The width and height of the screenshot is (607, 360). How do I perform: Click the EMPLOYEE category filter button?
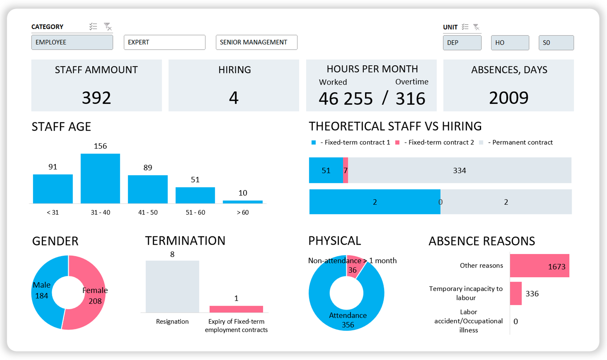[72, 42]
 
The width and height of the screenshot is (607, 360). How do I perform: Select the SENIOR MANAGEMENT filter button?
[256, 42]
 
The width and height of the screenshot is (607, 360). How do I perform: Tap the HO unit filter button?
[510, 43]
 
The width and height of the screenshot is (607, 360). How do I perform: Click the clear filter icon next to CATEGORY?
[108, 26]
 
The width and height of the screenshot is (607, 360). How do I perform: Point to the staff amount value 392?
[96, 98]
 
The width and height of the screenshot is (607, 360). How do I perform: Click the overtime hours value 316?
[410, 99]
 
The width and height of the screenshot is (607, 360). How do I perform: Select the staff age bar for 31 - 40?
[100, 178]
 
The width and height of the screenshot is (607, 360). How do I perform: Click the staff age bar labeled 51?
[195, 195]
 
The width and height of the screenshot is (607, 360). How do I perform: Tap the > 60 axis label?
[243, 212]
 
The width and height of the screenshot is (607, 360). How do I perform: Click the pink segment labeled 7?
[345, 170]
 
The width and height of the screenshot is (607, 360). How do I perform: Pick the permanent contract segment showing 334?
[459, 170]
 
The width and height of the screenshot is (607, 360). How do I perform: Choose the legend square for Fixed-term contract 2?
[397, 143]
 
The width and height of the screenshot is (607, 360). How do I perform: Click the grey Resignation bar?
[172, 286]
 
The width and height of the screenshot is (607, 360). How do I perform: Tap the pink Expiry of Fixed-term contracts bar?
[236, 309]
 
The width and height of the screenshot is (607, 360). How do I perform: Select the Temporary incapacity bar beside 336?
[516, 293]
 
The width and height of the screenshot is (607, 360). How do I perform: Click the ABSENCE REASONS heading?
[481, 241]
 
